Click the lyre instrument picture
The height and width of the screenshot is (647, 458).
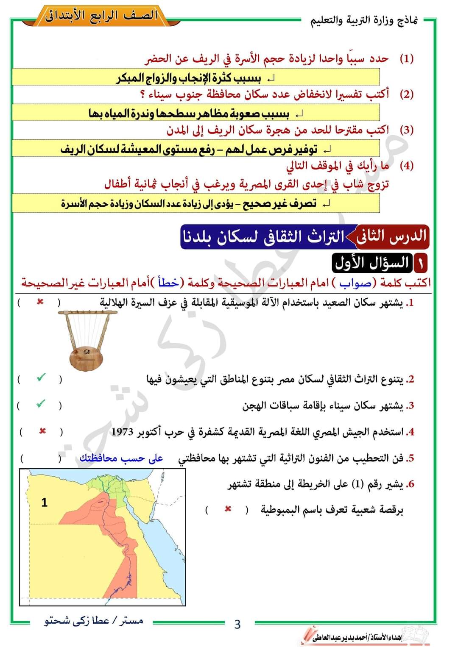(x=87, y=339)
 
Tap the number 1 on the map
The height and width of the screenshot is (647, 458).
(x=44, y=503)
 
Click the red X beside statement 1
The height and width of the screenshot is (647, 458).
(x=40, y=302)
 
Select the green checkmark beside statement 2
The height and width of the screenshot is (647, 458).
(x=41, y=378)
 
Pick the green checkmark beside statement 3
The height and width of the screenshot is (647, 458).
(x=40, y=404)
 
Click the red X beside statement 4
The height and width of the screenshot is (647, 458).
(x=42, y=431)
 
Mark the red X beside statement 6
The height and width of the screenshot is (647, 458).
(x=228, y=509)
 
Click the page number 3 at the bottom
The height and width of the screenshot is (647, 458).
(x=237, y=624)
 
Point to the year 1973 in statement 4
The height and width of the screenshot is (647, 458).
(x=123, y=432)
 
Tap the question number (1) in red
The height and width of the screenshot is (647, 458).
(x=407, y=58)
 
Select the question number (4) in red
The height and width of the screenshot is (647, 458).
(x=407, y=165)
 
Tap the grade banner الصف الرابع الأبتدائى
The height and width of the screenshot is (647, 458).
(x=102, y=16)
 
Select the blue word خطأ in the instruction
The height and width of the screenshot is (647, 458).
(x=168, y=283)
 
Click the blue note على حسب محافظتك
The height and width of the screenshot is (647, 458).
(x=121, y=458)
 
